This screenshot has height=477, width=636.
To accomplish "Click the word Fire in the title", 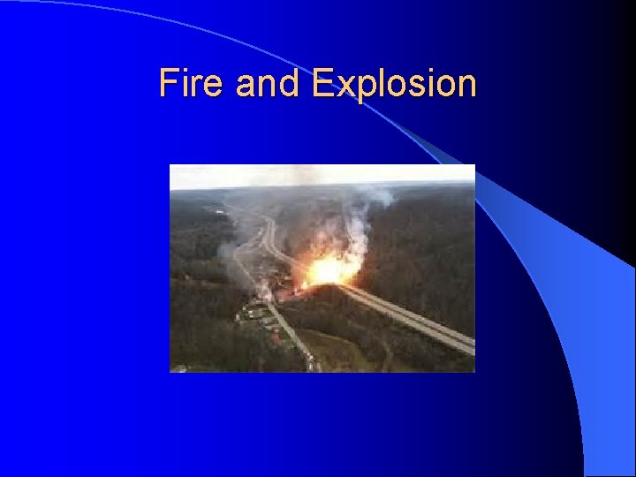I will [183, 84].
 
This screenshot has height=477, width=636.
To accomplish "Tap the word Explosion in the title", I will [394, 85].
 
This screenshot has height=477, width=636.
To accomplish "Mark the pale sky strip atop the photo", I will [322, 175].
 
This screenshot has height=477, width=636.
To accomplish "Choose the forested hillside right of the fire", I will [424, 247].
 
